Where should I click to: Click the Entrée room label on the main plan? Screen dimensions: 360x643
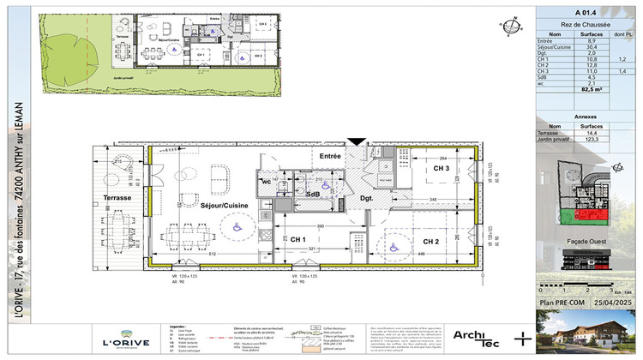[331, 156]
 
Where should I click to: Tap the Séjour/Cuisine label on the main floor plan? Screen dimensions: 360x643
[201, 207]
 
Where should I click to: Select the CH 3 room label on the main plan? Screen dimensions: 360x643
[442, 169]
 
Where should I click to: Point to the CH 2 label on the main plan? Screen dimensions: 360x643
[430, 241]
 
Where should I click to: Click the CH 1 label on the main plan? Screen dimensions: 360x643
[298, 238]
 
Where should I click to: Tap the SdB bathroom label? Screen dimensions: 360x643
[313, 195]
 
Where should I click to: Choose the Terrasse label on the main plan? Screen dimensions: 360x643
[117, 197]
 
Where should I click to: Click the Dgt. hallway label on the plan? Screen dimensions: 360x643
[366, 200]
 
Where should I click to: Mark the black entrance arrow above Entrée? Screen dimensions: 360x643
[356, 143]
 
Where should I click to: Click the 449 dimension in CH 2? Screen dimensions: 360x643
[421, 253]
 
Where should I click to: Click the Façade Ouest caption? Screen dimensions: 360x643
[588, 254]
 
